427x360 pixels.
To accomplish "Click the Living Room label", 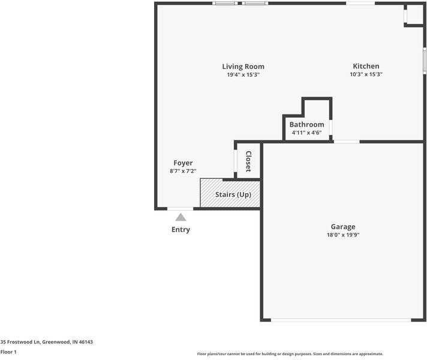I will tap(243, 67).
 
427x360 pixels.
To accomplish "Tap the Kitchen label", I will tap(366, 67).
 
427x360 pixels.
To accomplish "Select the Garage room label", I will tap(343, 227).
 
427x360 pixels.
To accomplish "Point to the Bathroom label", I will tap(306, 125).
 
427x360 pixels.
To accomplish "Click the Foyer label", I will tap(183, 163).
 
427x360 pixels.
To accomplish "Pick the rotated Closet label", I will tap(248, 161).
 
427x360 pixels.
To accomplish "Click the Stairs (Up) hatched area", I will tap(230, 194).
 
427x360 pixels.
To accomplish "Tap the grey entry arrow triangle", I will tap(181, 217).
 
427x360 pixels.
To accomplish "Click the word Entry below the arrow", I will tap(181, 230).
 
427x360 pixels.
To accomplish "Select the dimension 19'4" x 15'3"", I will tap(243, 75).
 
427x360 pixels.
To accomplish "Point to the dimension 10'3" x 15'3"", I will tap(366, 75).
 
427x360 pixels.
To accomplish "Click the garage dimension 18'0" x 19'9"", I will tap(343, 235).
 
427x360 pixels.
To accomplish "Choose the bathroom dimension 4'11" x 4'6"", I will tap(306, 133).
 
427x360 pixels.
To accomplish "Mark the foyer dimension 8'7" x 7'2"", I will tap(183, 172).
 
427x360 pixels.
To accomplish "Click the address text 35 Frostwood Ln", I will tap(47, 342).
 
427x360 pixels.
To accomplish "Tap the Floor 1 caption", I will tap(8, 352).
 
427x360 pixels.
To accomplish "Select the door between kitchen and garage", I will tap(347, 142).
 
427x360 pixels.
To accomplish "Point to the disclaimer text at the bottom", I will tap(290, 354).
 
